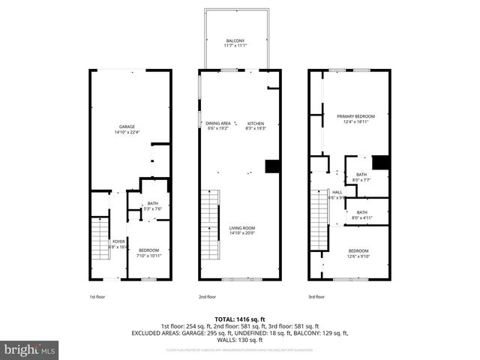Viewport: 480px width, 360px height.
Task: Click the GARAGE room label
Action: pos(127,128)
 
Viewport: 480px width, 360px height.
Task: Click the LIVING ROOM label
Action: pos(241,229)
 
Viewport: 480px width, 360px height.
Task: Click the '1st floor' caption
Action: pos(98,296)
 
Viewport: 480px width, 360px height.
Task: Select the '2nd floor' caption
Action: pos(207,296)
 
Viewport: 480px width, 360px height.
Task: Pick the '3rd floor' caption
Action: pos(316,296)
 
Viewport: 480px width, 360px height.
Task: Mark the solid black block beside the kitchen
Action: pos(272,166)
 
